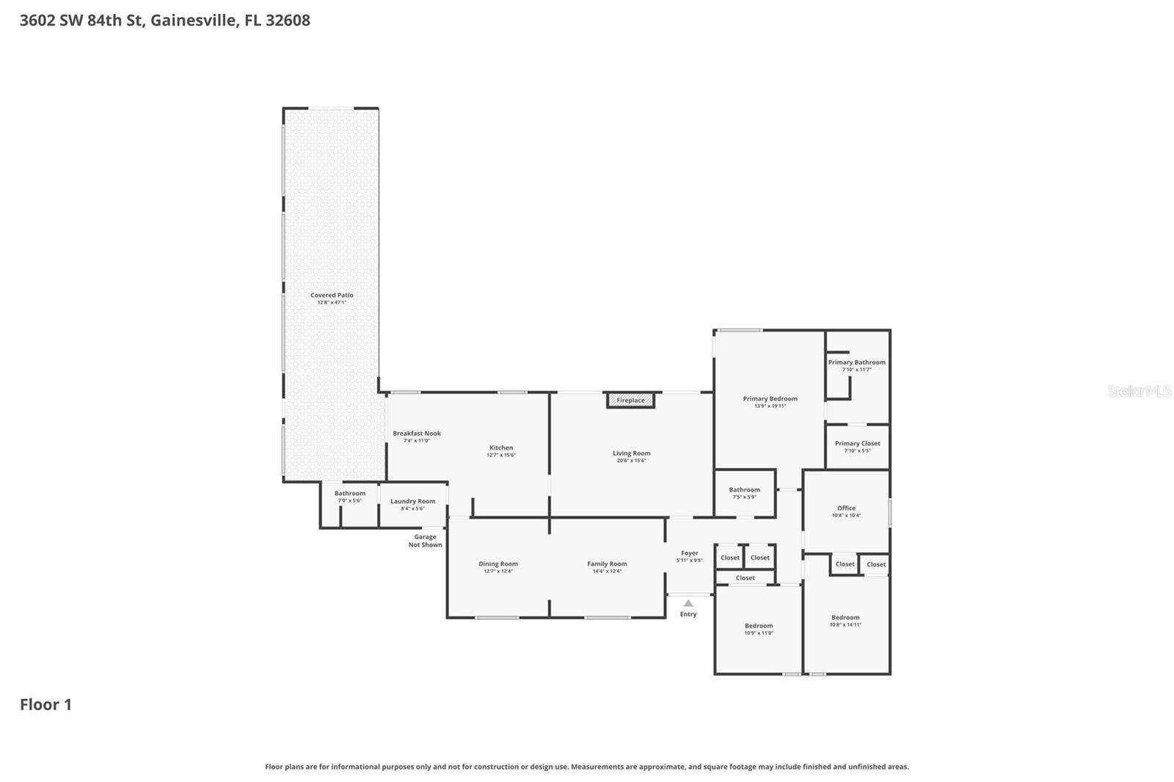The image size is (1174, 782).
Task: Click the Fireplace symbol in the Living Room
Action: click(x=630, y=401)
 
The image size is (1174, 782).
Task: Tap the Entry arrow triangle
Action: click(x=688, y=604)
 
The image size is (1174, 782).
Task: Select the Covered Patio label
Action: click(x=332, y=295)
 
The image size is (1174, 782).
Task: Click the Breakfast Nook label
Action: click(x=417, y=434)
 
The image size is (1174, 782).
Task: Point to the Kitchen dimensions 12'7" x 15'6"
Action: click(x=501, y=455)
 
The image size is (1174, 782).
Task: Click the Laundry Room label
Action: click(x=412, y=502)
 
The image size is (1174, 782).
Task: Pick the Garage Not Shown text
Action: click(x=425, y=541)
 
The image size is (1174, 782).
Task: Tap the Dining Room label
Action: click(x=498, y=564)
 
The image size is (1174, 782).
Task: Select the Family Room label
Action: click(x=607, y=564)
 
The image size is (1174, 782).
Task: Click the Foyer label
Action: click(x=689, y=553)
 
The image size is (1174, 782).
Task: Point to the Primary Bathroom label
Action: click(x=856, y=362)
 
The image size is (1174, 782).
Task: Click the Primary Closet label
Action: click(x=857, y=443)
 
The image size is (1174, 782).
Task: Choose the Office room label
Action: click(x=846, y=508)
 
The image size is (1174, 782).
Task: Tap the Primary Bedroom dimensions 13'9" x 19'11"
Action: click(x=770, y=406)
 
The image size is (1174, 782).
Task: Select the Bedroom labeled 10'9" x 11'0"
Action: click(x=759, y=626)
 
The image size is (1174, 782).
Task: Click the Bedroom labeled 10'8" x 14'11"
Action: click(x=845, y=618)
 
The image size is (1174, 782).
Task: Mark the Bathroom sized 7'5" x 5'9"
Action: click(x=744, y=490)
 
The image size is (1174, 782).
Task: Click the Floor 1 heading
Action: click(x=45, y=704)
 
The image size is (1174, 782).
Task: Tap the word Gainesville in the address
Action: click(x=194, y=20)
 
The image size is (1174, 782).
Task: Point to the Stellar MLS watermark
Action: click(x=1139, y=391)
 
